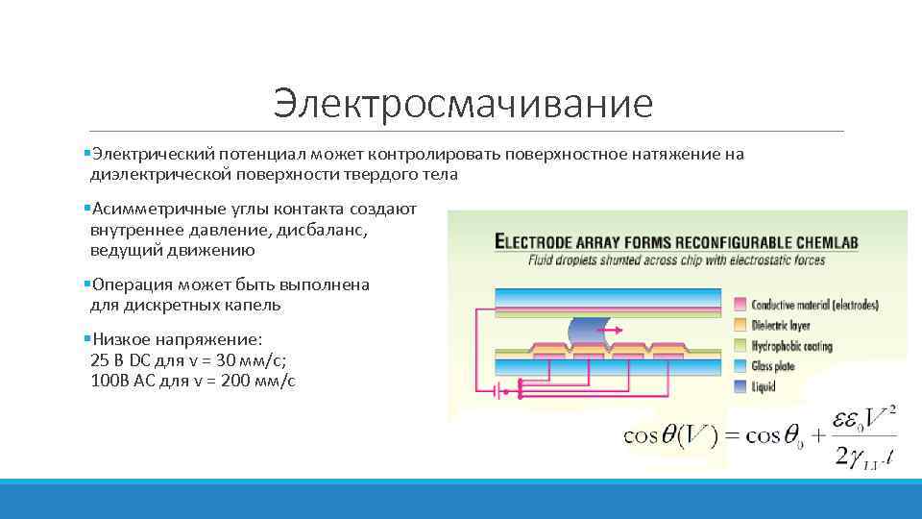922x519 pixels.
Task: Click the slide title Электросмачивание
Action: coord(462,103)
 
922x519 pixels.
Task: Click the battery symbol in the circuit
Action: coord(498,391)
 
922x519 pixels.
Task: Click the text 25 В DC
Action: coord(121,361)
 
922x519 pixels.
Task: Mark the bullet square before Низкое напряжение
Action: coord(85,340)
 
